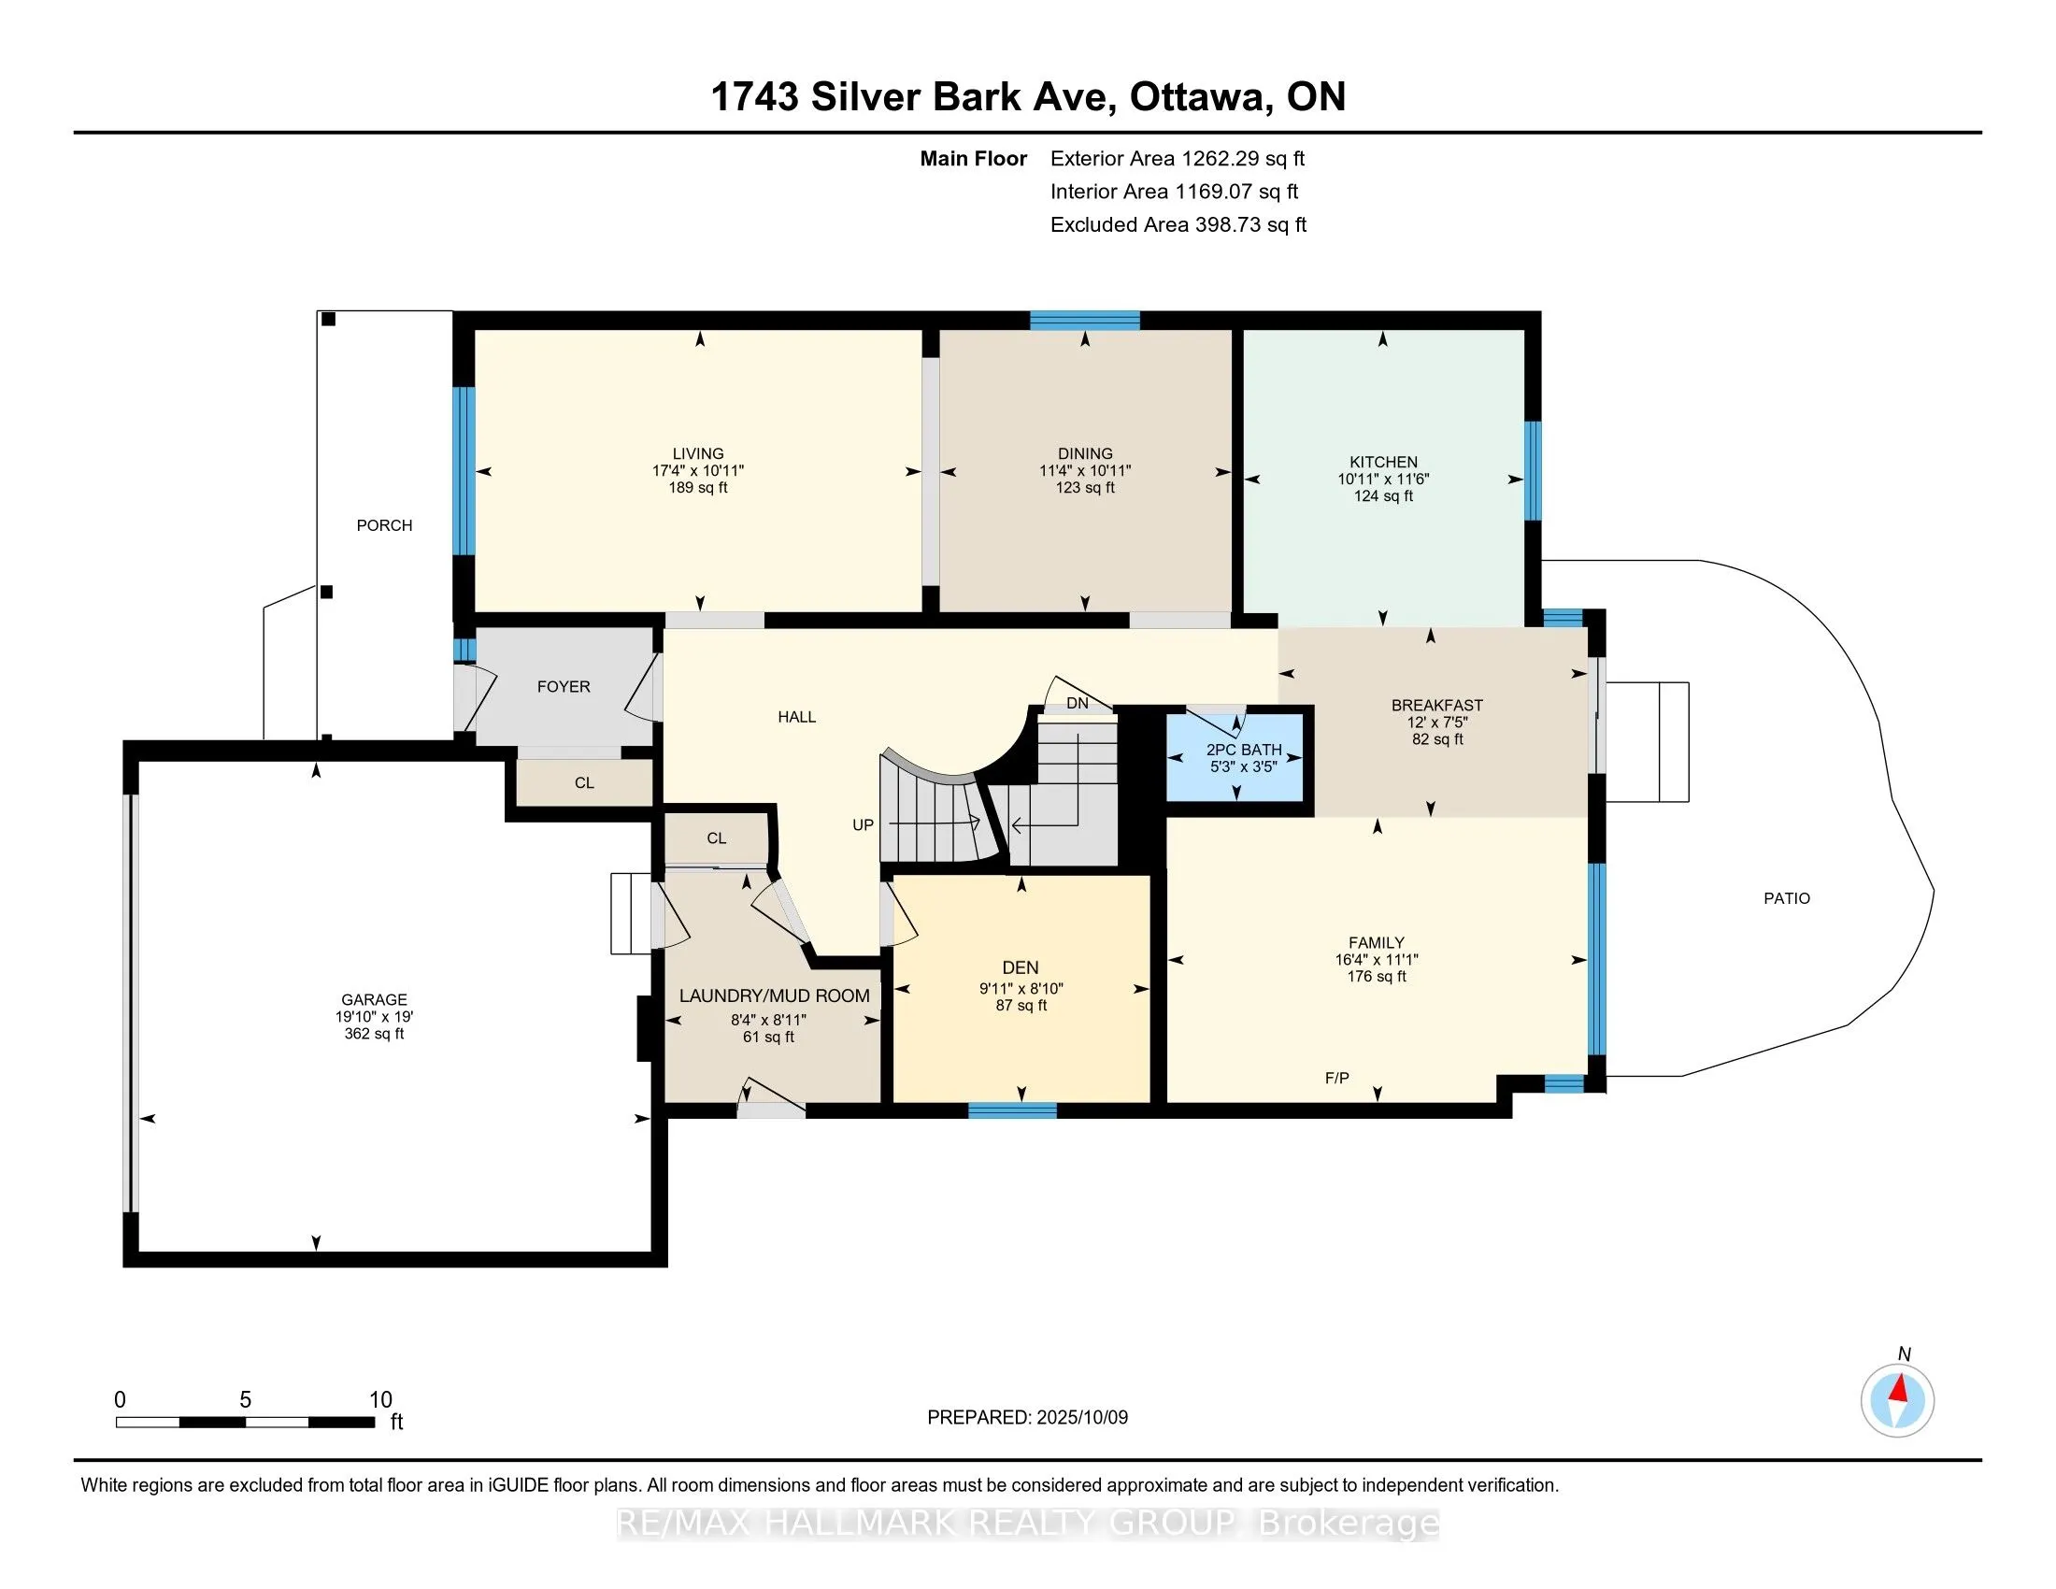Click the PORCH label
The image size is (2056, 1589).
click(384, 525)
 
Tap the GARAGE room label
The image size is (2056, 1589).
click(374, 1000)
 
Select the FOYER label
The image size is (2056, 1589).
click(564, 687)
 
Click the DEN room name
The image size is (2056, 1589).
click(1021, 967)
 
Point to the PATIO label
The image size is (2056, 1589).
click(1787, 898)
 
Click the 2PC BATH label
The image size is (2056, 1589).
click(1245, 751)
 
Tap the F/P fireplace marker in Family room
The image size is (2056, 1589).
click(1336, 1078)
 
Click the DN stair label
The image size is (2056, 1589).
click(1077, 703)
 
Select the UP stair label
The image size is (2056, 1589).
click(864, 824)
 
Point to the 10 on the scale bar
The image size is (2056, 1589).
click(380, 1400)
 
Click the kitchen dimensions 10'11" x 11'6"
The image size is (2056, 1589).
click(1383, 480)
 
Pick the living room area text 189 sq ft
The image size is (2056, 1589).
click(698, 488)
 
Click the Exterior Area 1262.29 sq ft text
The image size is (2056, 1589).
click(1178, 159)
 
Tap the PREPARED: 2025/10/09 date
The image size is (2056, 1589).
click(1027, 1418)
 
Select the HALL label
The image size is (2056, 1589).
click(796, 717)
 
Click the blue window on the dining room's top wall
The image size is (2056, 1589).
click(1084, 320)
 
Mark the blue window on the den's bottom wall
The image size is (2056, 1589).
click(1012, 1110)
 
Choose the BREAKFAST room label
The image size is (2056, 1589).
click(1436, 705)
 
